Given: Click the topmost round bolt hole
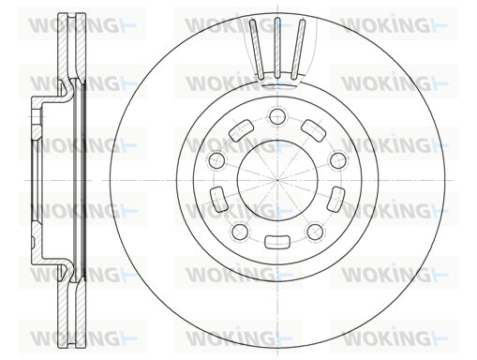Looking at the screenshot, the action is click(x=277, y=116).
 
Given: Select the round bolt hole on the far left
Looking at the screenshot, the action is click(x=216, y=160).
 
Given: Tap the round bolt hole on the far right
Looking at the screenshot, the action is click(x=338, y=160).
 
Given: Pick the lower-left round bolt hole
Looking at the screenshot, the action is click(x=240, y=232).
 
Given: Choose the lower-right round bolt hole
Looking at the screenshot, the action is click(x=315, y=232).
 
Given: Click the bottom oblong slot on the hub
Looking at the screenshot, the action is click(x=277, y=242).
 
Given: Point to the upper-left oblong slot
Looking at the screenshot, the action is click(x=241, y=130).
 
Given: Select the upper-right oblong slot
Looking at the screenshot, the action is click(x=314, y=130).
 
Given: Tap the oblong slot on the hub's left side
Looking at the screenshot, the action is click(x=219, y=199).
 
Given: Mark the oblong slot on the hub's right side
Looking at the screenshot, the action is click(x=335, y=199).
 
